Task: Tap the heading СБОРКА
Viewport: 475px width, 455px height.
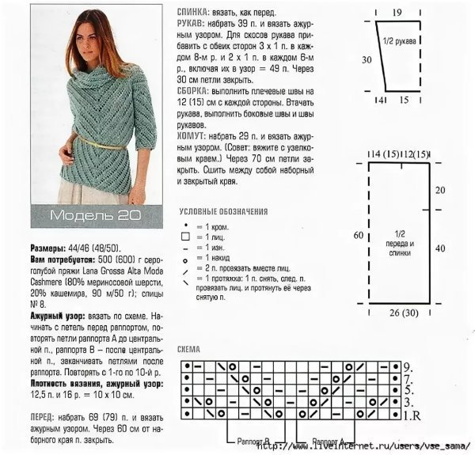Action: click(x=195, y=92)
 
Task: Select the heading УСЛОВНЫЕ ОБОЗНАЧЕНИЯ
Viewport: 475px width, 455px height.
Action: click(x=223, y=212)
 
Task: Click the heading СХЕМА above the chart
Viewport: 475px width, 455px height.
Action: click(x=191, y=349)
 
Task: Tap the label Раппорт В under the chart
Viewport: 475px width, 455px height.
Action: click(x=253, y=440)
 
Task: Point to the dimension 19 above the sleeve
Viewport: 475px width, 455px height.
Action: click(x=396, y=11)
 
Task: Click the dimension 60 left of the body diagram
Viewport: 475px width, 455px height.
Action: click(x=358, y=235)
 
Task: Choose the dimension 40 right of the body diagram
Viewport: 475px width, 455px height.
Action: click(x=440, y=248)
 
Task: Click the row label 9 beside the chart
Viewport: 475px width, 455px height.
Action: click(x=407, y=367)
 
